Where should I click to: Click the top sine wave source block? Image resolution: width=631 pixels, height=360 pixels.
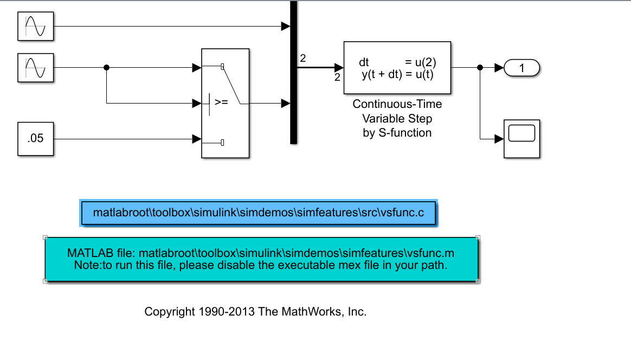click(36, 26)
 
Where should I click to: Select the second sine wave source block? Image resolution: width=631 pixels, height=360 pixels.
click(36, 68)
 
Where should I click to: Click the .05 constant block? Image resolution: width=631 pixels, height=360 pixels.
click(36, 139)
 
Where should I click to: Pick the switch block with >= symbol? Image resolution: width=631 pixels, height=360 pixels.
click(226, 103)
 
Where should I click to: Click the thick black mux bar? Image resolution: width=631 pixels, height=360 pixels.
click(293, 72)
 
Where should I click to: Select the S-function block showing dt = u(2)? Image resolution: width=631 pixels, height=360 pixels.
click(397, 68)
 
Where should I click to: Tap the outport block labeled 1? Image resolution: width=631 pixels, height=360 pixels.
click(522, 68)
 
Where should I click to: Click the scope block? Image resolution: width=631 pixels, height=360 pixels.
click(522, 139)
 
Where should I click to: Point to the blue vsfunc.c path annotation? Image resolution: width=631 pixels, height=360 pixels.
click(258, 213)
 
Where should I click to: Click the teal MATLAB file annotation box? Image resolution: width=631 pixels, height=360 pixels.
click(261, 259)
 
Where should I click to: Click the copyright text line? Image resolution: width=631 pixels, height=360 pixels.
click(255, 312)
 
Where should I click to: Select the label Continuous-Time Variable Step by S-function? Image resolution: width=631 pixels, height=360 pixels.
click(397, 118)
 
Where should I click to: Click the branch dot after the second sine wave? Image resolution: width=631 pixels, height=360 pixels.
click(106, 68)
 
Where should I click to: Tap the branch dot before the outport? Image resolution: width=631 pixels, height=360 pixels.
click(480, 68)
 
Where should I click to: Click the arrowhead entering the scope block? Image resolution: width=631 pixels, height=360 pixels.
click(499, 139)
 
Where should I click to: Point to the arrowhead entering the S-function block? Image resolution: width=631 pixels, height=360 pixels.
click(339, 68)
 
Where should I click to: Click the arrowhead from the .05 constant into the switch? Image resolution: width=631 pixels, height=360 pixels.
click(197, 139)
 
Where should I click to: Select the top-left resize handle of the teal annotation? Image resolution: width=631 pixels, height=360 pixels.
click(45, 237)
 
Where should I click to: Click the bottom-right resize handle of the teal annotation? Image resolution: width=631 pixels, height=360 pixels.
click(478, 281)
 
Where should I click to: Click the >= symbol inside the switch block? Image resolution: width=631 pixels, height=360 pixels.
click(221, 102)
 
